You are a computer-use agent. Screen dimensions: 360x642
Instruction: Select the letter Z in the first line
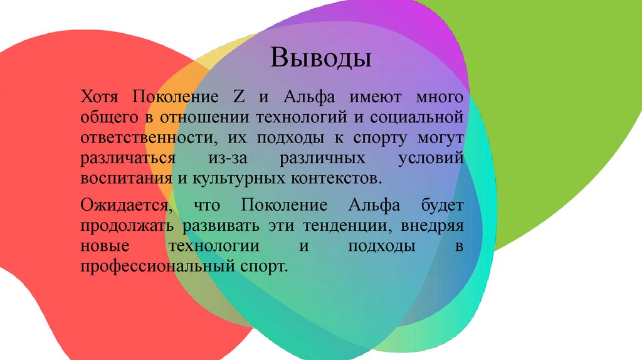tap(238, 98)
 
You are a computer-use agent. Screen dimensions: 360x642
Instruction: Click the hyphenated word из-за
tap(221, 157)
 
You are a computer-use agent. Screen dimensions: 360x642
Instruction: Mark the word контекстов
tap(336, 177)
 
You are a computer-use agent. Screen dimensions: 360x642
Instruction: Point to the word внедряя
tap(430, 226)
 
